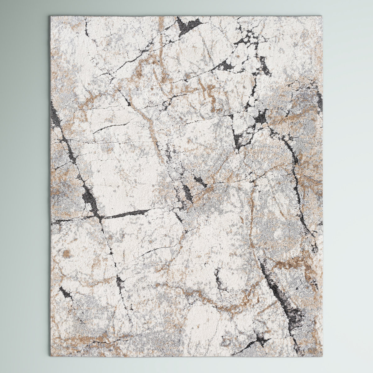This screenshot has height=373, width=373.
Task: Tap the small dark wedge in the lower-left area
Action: point(65,292)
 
